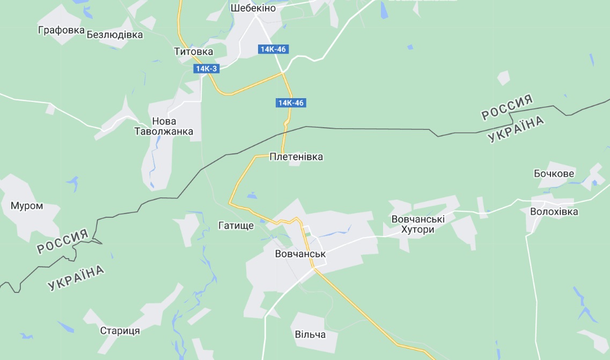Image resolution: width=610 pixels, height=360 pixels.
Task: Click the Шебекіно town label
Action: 253,8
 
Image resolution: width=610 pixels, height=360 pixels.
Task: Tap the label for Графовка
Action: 61,30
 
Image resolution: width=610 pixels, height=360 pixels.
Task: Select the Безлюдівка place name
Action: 115,35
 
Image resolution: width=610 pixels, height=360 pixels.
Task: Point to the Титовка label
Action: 193,52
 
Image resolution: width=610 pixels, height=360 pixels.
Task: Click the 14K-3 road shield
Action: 207,69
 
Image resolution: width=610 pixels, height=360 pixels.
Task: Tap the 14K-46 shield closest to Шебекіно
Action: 273,49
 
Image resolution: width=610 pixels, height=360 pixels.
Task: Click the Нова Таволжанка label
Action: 164,127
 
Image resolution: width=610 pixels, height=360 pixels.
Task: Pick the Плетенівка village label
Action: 297,157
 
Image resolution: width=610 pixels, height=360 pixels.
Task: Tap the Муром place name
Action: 27,205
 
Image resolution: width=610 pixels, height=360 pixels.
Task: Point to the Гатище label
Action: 236,226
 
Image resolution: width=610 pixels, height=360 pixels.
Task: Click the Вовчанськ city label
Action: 300,253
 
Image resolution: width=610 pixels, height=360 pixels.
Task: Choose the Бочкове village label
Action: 554,173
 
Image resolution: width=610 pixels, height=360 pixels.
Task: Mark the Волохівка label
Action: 554,211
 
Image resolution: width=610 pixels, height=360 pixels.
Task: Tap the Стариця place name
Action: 120,330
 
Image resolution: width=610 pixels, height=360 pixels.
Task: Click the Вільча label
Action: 310,334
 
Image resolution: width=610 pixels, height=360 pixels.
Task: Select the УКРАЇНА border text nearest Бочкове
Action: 516,129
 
